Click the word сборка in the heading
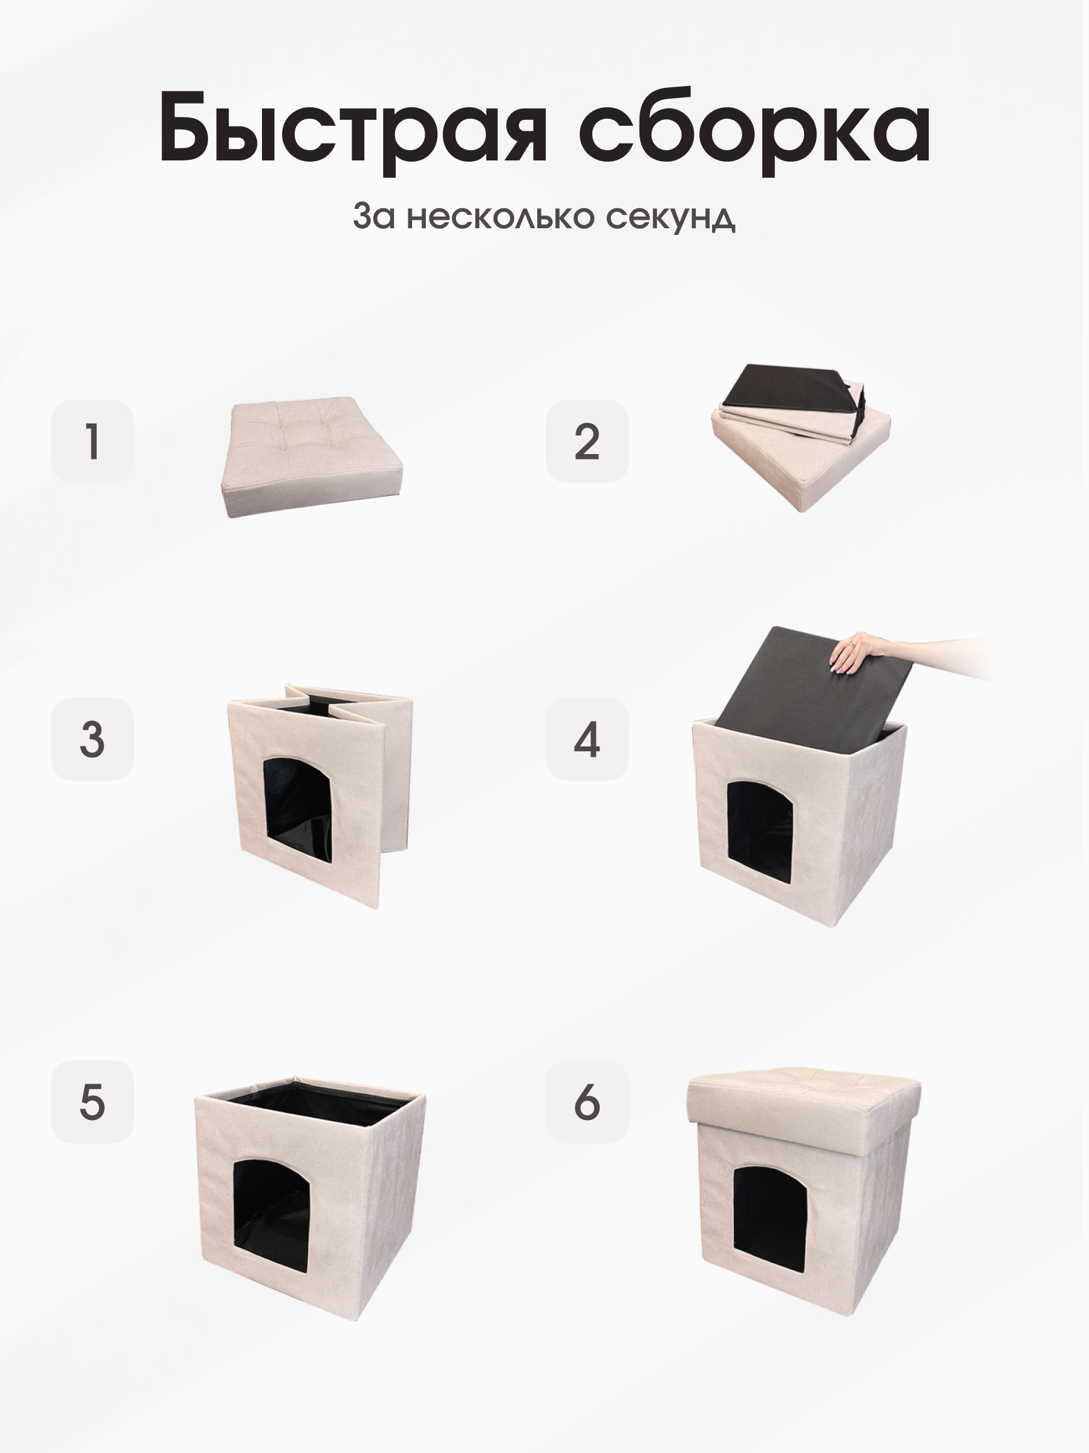click(x=754, y=128)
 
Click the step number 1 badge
click(x=93, y=441)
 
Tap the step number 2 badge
click(x=587, y=441)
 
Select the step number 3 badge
click(x=93, y=739)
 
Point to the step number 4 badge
click(x=587, y=739)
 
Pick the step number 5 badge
click(x=93, y=1102)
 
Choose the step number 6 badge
click(x=587, y=1102)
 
